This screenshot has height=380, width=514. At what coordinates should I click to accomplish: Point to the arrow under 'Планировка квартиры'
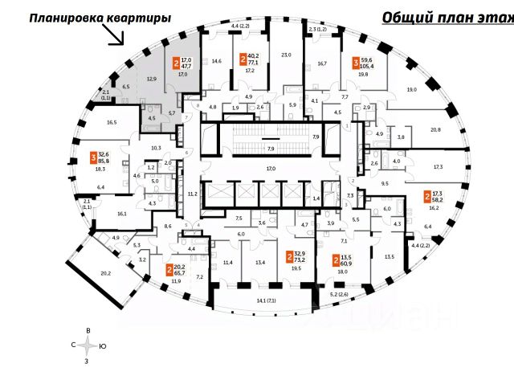pos(117,34)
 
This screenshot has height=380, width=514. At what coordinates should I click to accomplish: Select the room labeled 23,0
pos(284,55)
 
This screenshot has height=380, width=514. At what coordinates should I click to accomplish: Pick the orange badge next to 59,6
pos(356,61)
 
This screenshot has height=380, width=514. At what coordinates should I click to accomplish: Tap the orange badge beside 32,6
pos(94,158)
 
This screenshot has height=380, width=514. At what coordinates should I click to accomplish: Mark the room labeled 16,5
pos(111,122)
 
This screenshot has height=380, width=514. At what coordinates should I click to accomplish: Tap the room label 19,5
pos(296,269)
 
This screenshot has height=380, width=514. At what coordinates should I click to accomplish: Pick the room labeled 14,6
pos(216,61)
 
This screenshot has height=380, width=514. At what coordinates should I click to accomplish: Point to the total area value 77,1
pos(251,61)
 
